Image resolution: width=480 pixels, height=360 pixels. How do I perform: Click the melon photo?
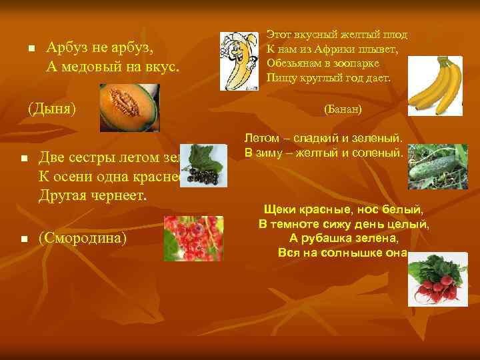pos(129,107)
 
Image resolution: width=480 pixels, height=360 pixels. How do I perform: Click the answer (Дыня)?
pos(51,107)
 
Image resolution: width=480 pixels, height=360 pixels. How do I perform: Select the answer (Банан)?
pos(342,108)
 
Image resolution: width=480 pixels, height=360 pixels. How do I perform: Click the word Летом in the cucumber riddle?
pos(261,137)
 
